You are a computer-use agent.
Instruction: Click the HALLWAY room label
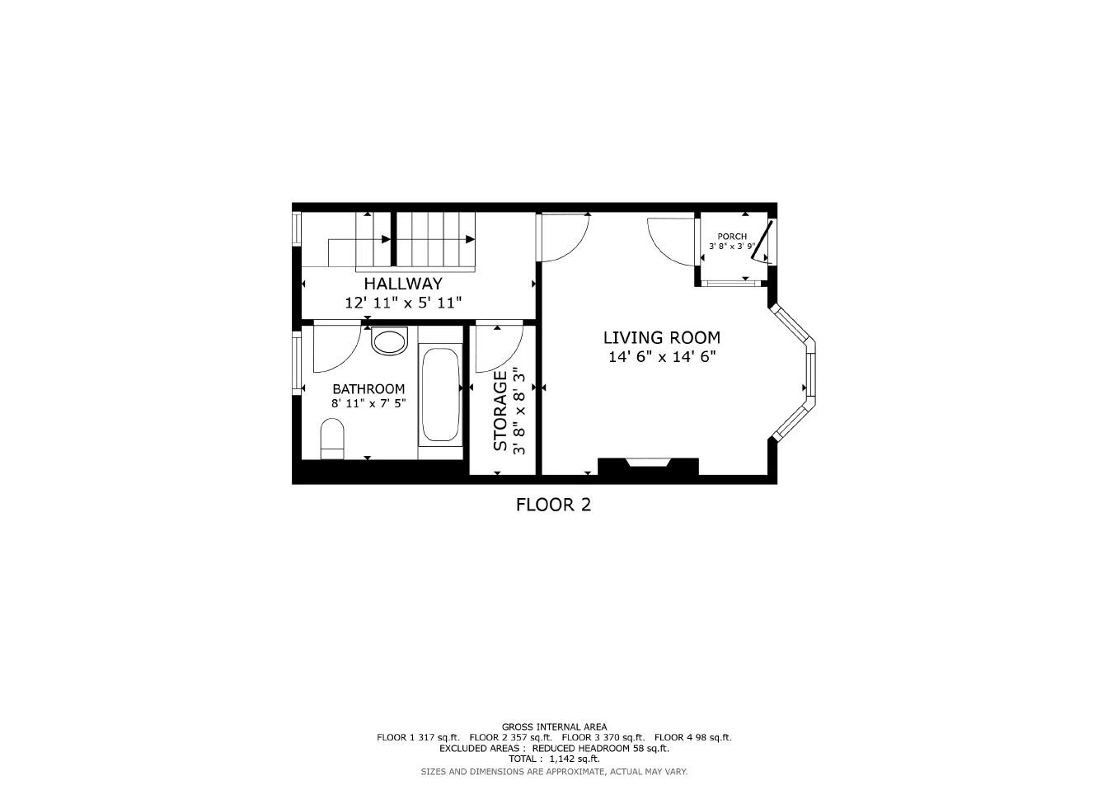403,284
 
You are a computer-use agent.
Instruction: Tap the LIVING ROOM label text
661,337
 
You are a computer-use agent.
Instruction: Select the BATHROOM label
368,389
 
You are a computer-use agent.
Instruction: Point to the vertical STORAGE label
500,411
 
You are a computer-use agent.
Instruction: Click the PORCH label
731,237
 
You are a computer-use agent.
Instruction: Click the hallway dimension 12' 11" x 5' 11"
403,303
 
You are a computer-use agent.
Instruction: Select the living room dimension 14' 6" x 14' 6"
661,357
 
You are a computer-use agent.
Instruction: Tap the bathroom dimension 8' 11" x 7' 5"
368,404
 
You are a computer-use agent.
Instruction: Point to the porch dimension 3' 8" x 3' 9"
731,247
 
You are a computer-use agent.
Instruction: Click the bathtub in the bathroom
440,396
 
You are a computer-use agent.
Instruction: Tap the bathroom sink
389,341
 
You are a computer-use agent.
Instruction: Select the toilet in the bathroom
331,438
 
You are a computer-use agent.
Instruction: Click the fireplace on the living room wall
648,466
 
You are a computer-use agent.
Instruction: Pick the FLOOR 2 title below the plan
553,505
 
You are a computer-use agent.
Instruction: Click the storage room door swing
498,348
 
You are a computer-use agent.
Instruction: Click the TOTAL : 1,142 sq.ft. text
554,759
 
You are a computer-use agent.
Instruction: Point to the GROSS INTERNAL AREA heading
554,726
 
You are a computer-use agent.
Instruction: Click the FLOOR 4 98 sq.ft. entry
692,737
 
